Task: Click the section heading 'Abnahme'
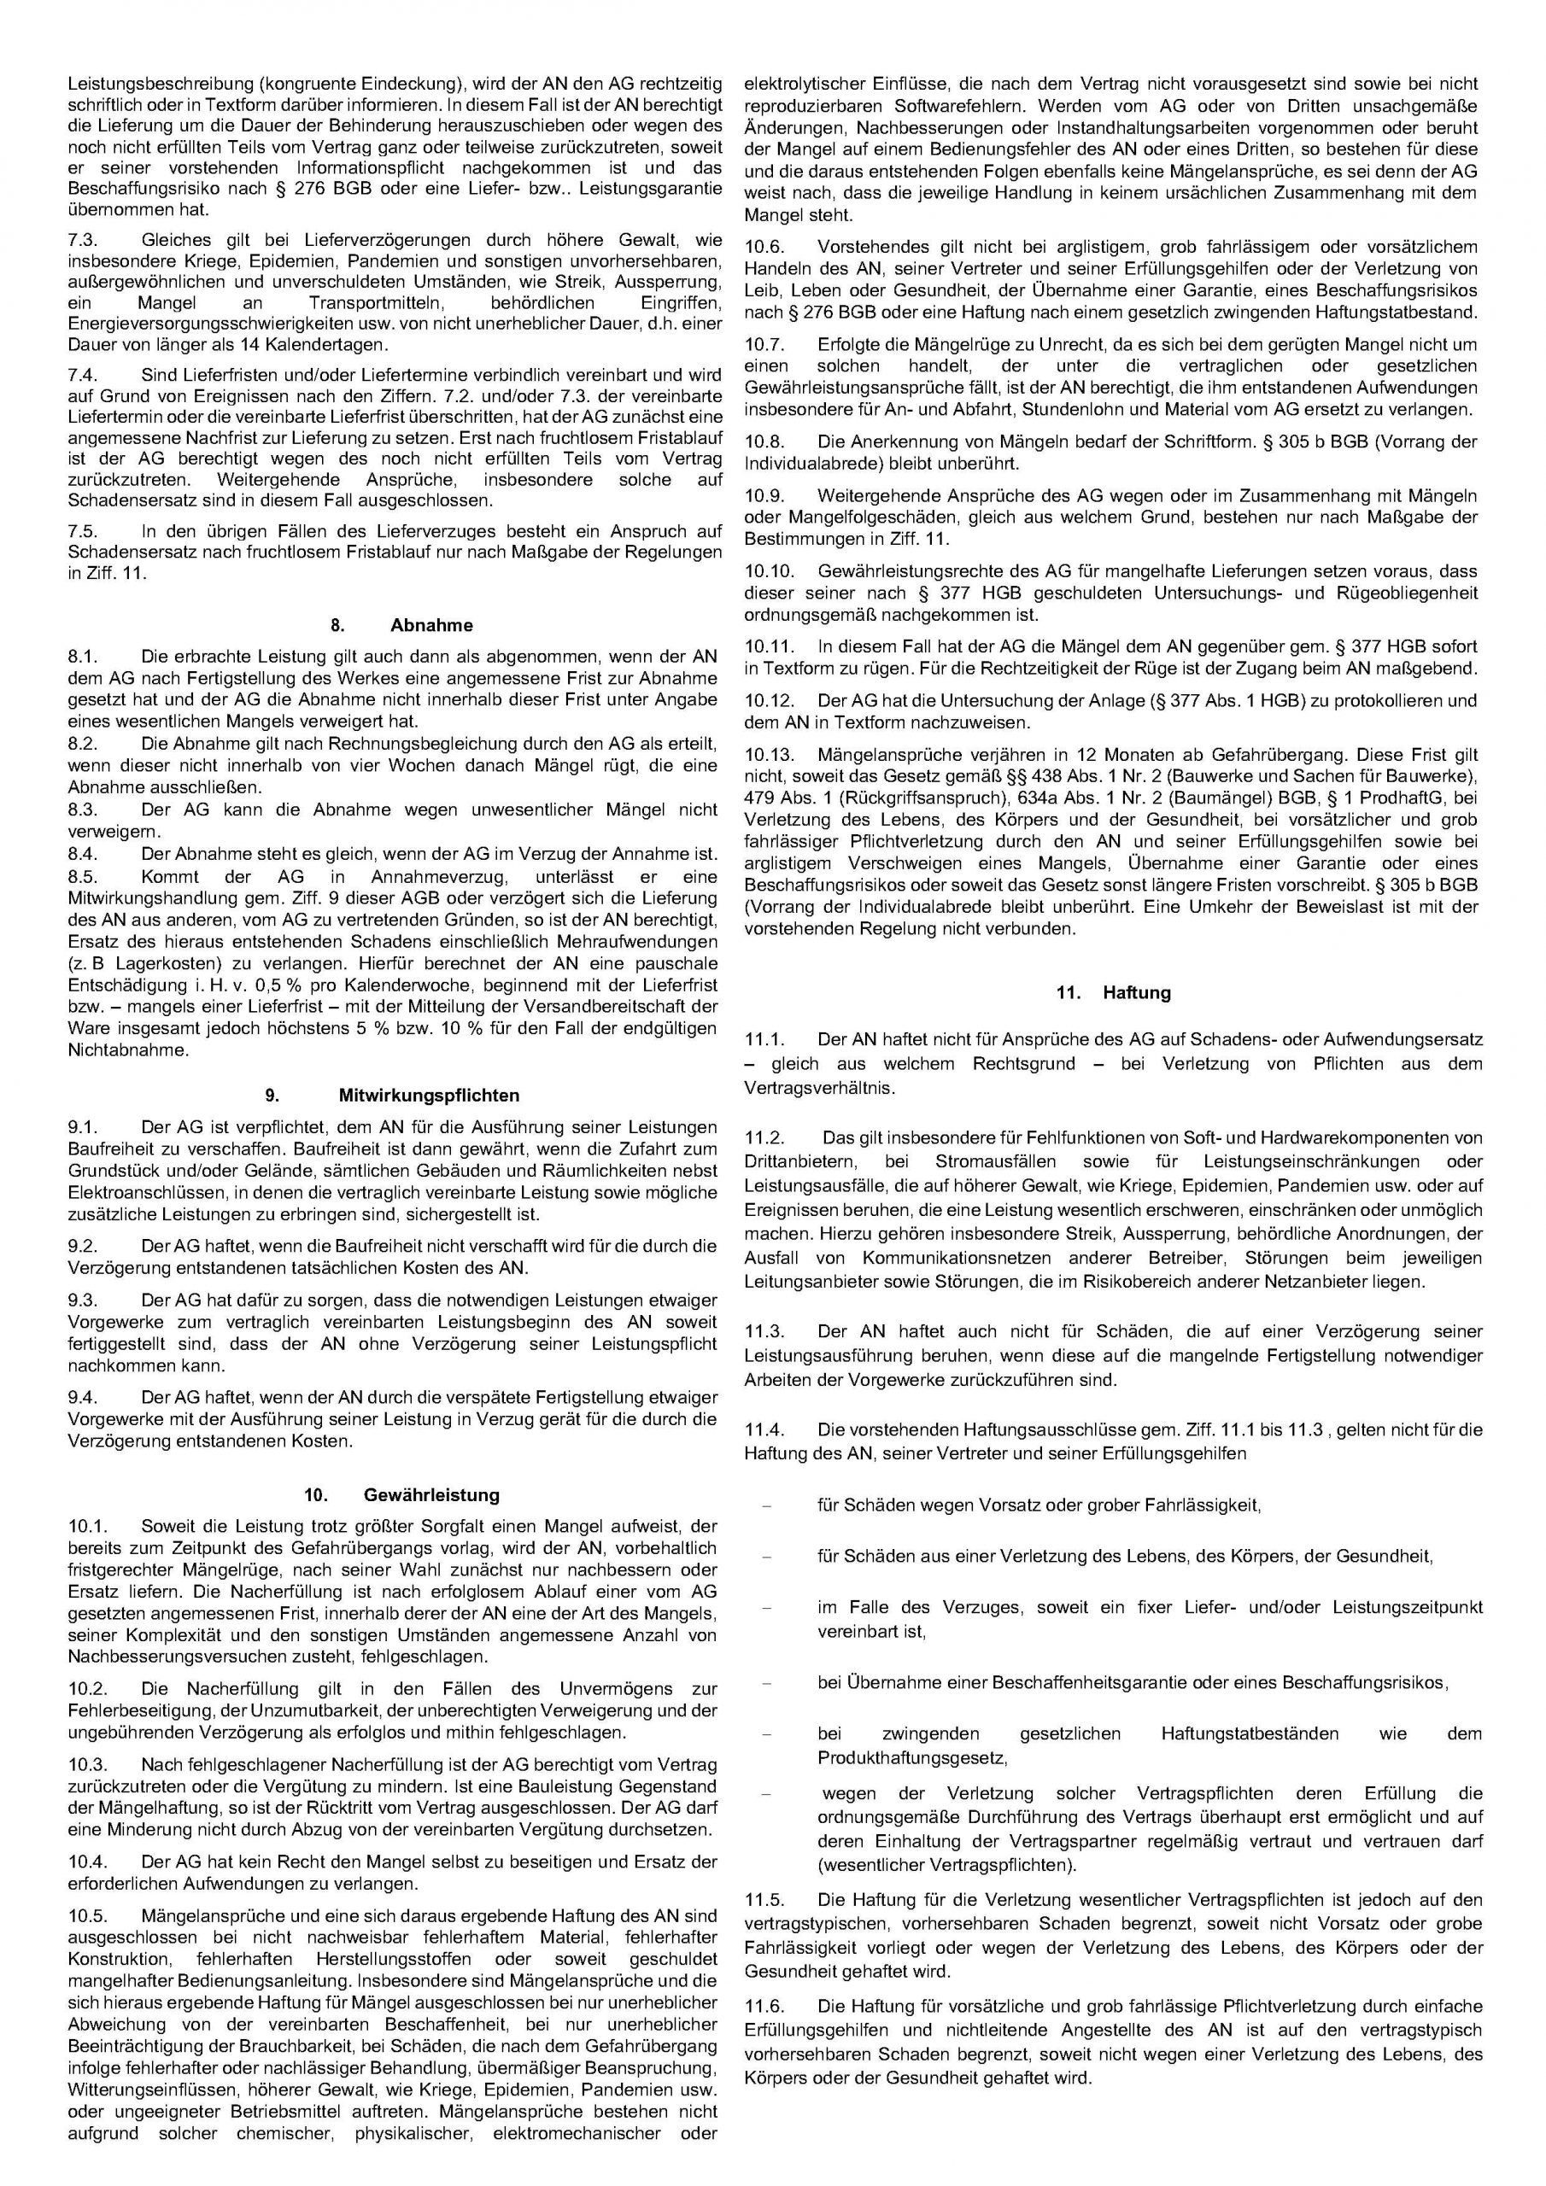430,626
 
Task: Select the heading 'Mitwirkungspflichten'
429,1096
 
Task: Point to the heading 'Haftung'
1136,992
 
